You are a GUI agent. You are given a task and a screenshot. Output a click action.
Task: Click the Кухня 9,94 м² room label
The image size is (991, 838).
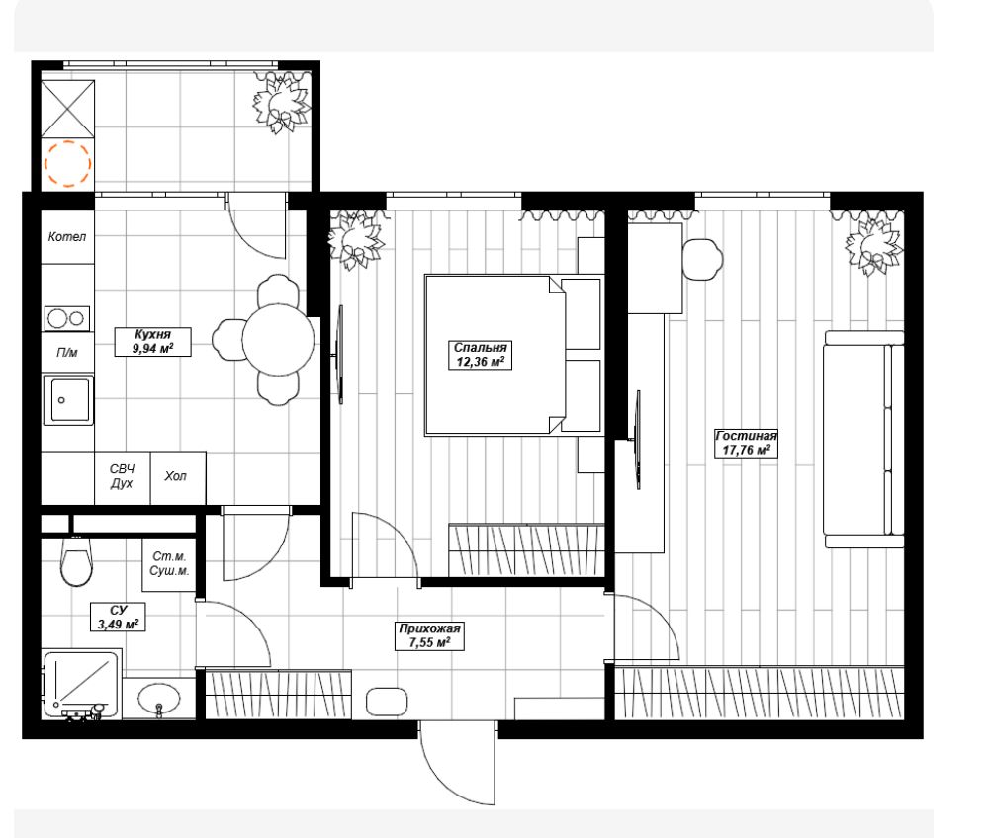tap(152, 341)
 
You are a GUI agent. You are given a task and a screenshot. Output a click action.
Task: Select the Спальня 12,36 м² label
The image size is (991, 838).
tap(481, 354)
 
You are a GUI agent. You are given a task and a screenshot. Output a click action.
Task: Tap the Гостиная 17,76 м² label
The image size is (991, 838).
tap(746, 443)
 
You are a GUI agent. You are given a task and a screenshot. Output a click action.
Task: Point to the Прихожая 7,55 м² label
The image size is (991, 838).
tap(430, 636)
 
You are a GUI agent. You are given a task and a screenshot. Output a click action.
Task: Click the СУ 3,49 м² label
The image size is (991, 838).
tap(118, 617)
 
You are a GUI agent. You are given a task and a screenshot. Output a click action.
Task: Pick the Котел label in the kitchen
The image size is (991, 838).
tap(67, 237)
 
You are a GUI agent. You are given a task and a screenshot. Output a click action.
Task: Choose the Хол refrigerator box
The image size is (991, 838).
tap(178, 477)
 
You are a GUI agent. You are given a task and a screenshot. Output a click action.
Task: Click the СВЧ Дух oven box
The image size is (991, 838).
tap(123, 477)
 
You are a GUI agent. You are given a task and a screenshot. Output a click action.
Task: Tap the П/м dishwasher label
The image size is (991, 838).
tap(67, 353)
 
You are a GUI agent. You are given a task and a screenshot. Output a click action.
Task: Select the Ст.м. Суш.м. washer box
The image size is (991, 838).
tap(169, 564)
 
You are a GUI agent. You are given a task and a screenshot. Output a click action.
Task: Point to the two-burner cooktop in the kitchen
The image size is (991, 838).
tap(66, 319)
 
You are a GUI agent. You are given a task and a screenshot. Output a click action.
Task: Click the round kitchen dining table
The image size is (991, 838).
tap(278, 340)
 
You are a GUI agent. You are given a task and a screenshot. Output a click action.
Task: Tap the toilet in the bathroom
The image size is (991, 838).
tap(76, 561)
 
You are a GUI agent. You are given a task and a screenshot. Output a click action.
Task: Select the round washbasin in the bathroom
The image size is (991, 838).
tap(159, 699)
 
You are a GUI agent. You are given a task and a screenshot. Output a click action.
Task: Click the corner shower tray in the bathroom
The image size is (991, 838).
tap(82, 685)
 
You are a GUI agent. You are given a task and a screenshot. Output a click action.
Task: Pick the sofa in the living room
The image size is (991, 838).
tap(864, 440)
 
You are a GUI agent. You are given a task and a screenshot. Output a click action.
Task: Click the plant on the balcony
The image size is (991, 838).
tap(282, 103)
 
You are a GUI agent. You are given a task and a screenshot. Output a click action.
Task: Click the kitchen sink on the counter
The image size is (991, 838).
tap(68, 400)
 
